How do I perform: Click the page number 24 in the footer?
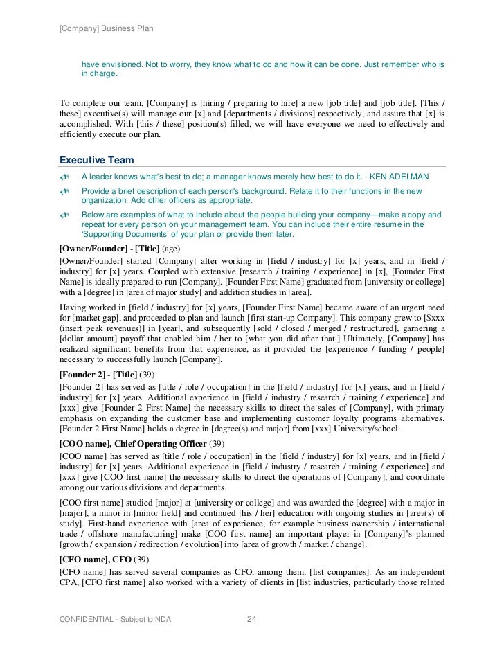click(x=252, y=618)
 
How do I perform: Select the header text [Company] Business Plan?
click(x=107, y=28)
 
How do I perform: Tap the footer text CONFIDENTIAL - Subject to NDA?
click(x=115, y=618)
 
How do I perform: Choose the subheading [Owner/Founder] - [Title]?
click(x=109, y=247)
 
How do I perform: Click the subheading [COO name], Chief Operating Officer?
click(x=133, y=443)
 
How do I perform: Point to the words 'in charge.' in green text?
click(x=100, y=74)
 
